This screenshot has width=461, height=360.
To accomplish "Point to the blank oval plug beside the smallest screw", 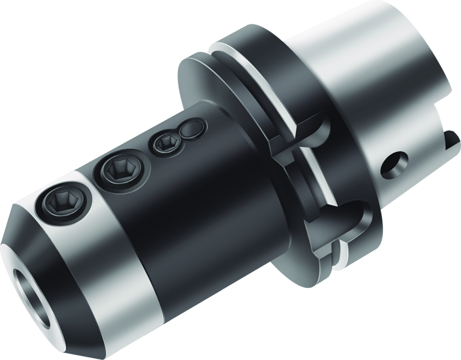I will coord(192,129).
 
